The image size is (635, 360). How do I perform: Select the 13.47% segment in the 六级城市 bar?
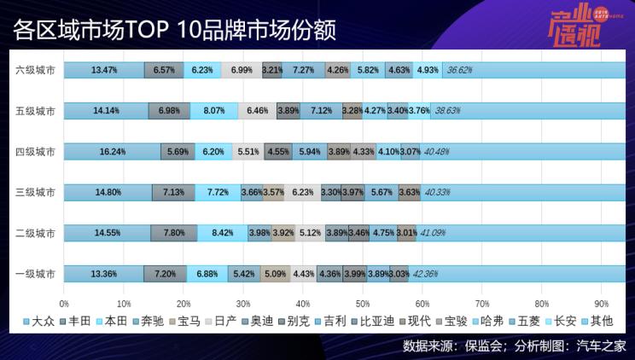point(103,69)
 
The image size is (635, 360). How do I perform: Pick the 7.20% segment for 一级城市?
point(165,274)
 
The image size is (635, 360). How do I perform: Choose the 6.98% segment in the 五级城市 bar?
point(169,110)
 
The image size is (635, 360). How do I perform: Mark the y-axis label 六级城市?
point(36,69)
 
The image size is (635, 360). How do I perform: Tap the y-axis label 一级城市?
point(36,274)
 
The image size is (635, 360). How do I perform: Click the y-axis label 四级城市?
point(36,151)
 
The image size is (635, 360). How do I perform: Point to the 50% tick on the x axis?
point(362,303)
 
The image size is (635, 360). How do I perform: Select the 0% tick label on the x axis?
point(64,303)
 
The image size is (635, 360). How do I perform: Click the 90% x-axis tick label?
point(600,303)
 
